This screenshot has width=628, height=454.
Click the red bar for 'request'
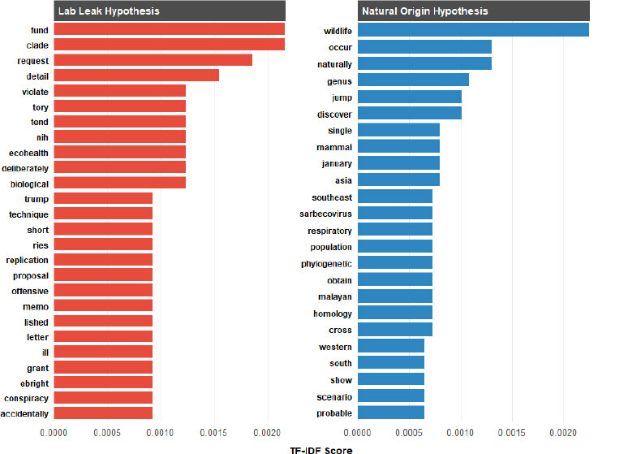pos(153,60)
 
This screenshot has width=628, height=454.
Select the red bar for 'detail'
pos(136,76)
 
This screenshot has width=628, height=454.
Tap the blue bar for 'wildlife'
pos(473,31)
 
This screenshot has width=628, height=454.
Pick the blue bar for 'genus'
pos(413,80)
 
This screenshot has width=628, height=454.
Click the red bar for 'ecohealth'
pos(119,152)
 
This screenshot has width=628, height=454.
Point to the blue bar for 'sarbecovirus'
pos(395,213)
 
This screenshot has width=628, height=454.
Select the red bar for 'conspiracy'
pos(103,397)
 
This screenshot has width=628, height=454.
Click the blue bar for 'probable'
pos(391,413)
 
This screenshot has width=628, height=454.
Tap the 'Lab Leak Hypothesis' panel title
pos(108,11)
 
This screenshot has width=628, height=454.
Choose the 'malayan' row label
pos(333,297)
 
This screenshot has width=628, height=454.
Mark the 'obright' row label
pos(32,383)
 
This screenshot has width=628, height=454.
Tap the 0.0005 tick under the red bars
pos(105,433)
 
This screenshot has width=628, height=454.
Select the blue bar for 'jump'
pos(410,97)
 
